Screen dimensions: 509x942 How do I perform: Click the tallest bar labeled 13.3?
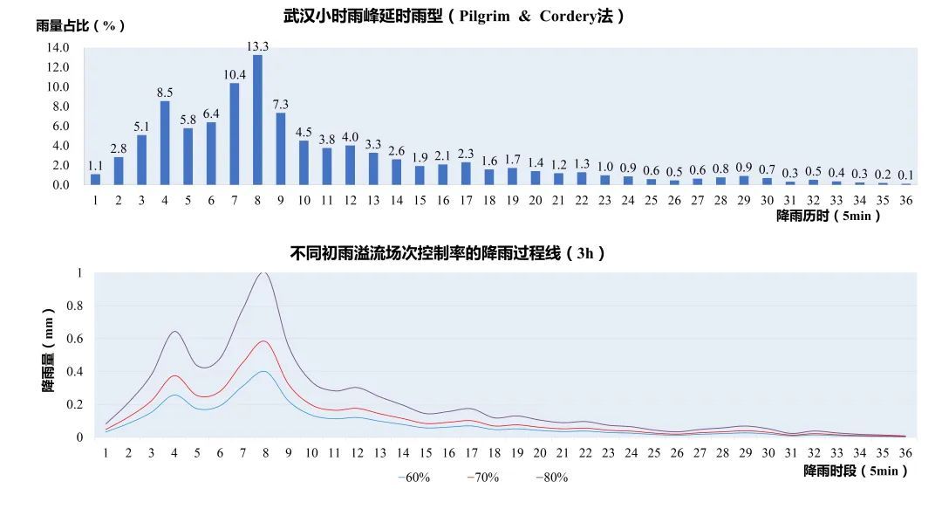click(x=257, y=120)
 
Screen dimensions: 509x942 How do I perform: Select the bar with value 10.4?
click(x=235, y=134)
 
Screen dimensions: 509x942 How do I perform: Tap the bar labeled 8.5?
click(x=165, y=142)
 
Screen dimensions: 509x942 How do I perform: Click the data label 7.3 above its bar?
click(x=280, y=104)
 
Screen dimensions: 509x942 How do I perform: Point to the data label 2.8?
click(x=119, y=148)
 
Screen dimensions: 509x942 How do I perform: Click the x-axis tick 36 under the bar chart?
click(x=905, y=201)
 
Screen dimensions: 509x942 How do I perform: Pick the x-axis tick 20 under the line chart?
click(x=540, y=453)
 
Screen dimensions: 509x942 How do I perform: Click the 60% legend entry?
click(x=414, y=478)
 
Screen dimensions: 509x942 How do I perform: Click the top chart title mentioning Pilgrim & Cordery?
click(x=454, y=17)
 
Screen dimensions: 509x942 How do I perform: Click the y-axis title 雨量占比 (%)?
click(x=80, y=25)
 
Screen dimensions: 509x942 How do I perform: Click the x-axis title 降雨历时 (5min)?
click(x=828, y=217)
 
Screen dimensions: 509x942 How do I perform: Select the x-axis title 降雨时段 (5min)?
click(x=856, y=471)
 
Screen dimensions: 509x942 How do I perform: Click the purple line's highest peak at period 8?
click(x=263, y=273)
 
